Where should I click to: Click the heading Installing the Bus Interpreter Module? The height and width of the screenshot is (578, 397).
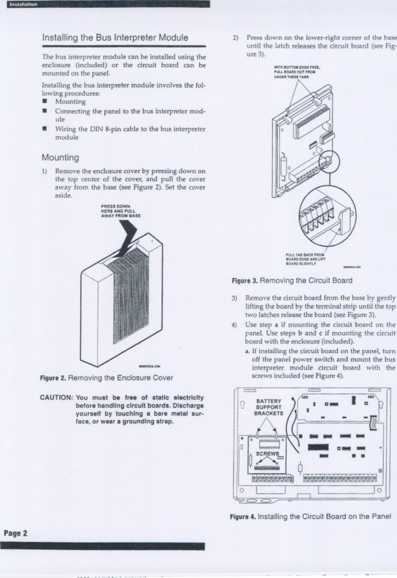tap(115, 38)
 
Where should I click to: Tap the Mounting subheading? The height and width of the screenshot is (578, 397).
tap(60, 158)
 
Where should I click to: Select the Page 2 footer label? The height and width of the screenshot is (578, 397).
tap(16, 533)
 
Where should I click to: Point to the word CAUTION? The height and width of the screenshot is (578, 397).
tap(57, 398)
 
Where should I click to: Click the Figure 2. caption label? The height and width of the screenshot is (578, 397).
tap(53, 378)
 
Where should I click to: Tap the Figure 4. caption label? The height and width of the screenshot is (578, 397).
tap(243, 517)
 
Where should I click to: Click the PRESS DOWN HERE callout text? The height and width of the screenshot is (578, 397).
tap(121, 211)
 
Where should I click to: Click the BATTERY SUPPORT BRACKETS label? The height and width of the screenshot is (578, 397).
tap(269, 407)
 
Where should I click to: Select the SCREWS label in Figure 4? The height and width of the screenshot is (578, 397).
tap(267, 454)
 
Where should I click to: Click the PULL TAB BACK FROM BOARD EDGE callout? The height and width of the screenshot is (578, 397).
tap(305, 259)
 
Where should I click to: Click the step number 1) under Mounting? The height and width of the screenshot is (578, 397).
tap(45, 171)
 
